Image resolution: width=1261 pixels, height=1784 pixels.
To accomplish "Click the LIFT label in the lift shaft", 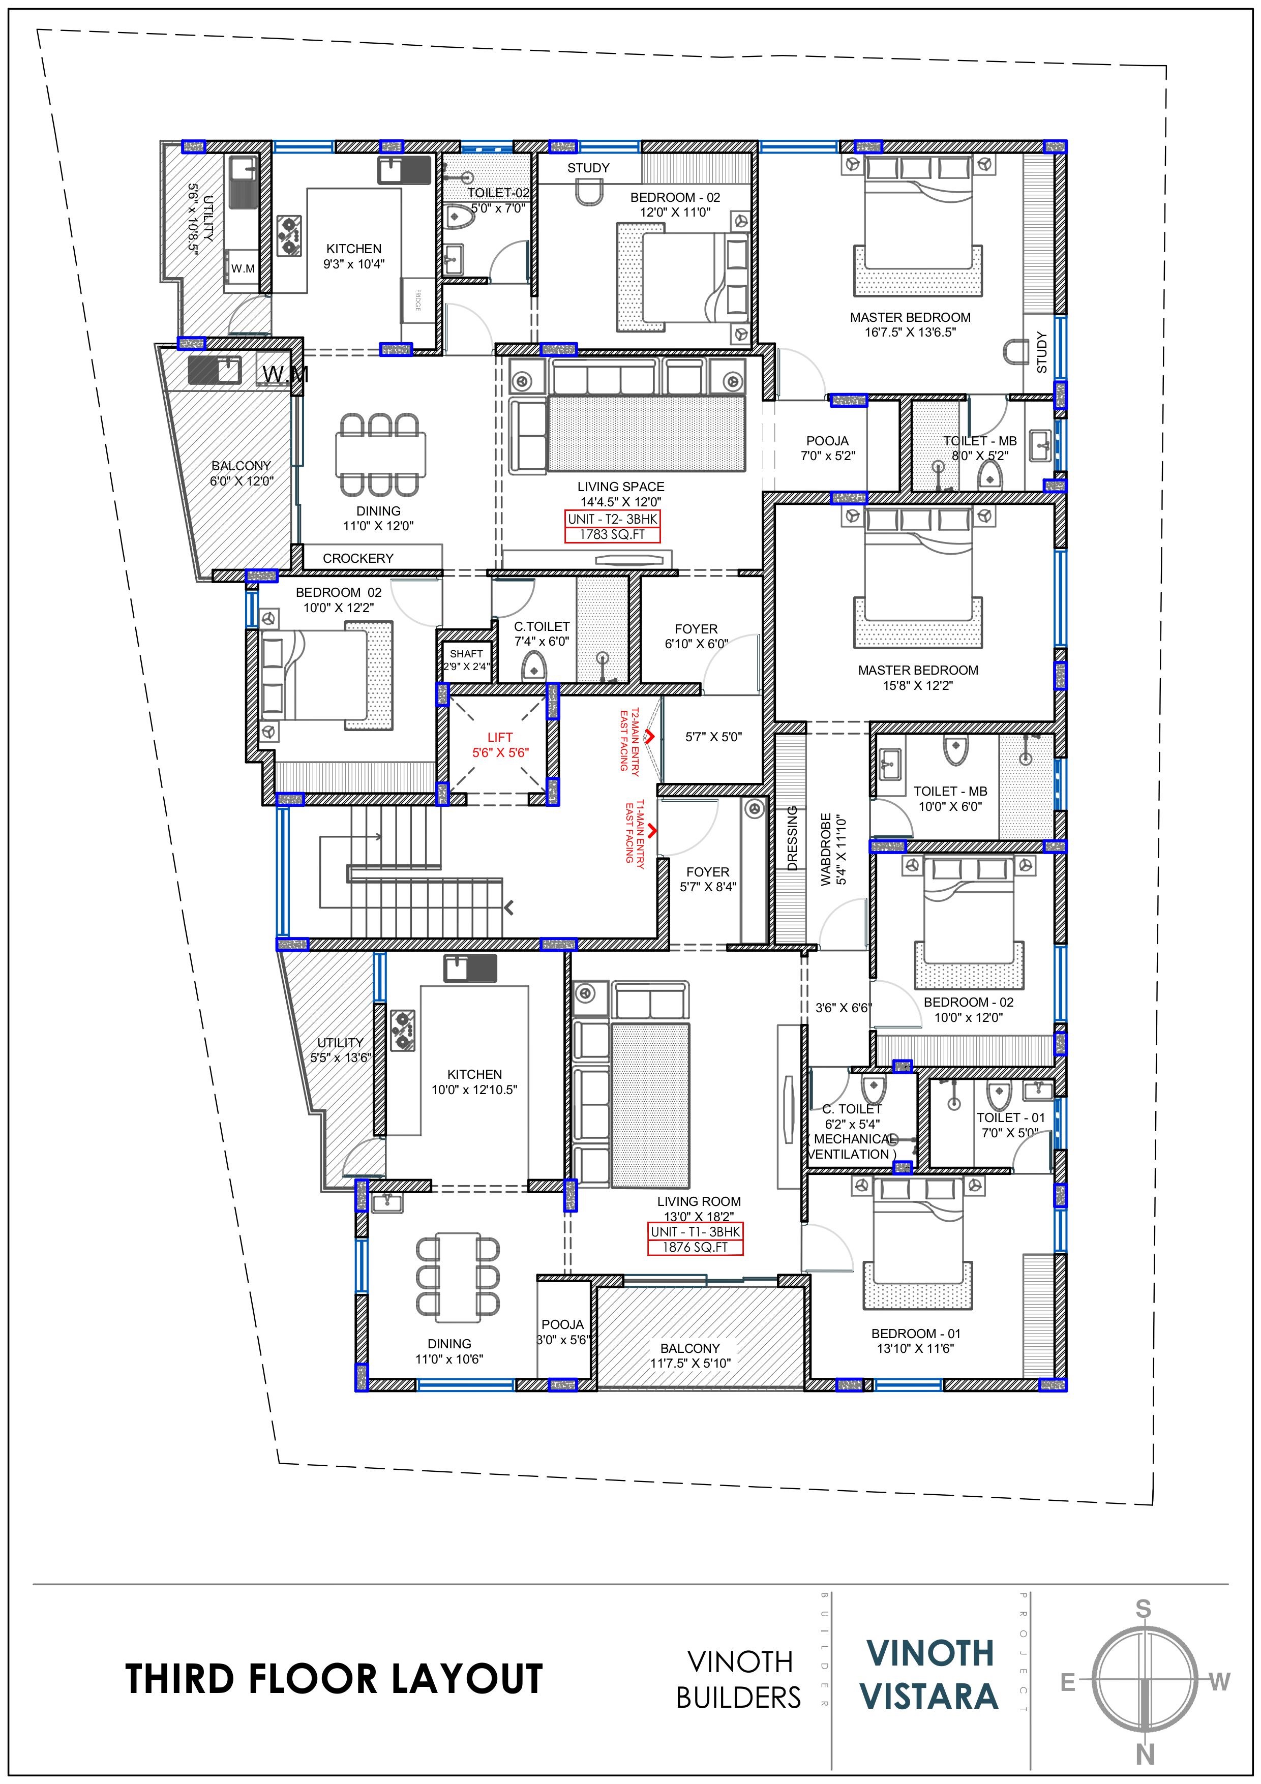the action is pos(500,737).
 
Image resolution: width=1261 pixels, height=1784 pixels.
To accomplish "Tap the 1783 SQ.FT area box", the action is pos(612,534).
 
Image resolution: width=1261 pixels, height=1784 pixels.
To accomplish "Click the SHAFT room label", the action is pos(466,653).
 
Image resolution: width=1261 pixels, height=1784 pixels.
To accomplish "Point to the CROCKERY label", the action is pos(358,558).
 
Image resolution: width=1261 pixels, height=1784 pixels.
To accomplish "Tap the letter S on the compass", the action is pos(1143,1609).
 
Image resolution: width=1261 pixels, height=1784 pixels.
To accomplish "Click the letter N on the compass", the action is pos(1145,1755).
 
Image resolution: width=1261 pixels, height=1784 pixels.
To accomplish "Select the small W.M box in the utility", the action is pos(243,268).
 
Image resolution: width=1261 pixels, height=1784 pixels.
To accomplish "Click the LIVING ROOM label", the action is pos(699,1201).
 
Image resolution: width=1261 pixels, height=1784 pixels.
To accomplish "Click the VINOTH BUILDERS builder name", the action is pos(738,1679).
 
